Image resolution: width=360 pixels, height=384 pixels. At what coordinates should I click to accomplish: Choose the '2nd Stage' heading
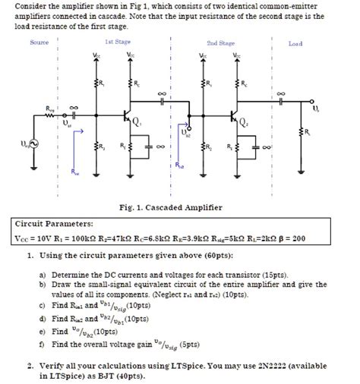pos(220,44)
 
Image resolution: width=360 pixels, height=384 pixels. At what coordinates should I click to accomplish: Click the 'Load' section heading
pos(295,44)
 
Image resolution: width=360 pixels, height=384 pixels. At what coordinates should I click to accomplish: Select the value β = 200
pos(292,238)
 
